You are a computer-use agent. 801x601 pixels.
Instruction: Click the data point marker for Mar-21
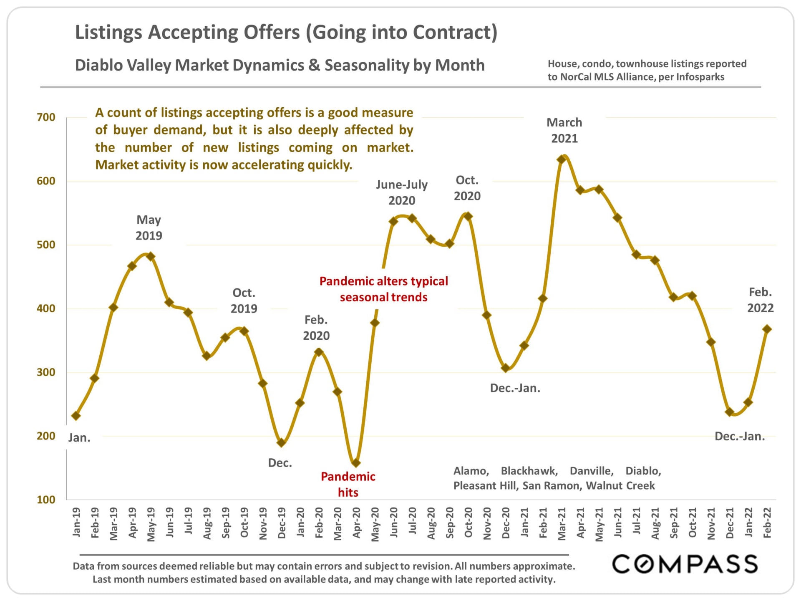pos(562,159)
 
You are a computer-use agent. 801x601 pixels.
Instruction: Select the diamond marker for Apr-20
pos(356,463)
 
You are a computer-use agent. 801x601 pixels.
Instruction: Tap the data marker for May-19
pos(151,256)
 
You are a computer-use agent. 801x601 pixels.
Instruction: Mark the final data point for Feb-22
pos(767,329)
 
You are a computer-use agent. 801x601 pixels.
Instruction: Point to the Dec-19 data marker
pos(281,443)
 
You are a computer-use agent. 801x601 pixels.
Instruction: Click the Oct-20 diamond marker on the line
pos(468,216)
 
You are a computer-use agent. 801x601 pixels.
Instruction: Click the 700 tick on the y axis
pos(46,117)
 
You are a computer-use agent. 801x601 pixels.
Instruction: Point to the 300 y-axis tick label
pos(46,372)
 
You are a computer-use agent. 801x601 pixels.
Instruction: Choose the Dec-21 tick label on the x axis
pos(730,523)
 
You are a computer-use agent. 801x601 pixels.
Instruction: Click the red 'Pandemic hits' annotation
pos(348,484)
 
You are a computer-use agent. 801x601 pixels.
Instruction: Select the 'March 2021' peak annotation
pos(564,130)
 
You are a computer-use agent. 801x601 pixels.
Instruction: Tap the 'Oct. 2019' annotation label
pos(244,300)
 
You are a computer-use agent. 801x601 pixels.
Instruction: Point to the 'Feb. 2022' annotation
pos(760,300)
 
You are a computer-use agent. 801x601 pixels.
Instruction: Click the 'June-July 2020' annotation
pos(402,192)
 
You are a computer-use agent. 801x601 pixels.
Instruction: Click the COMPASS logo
pos(685,564)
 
